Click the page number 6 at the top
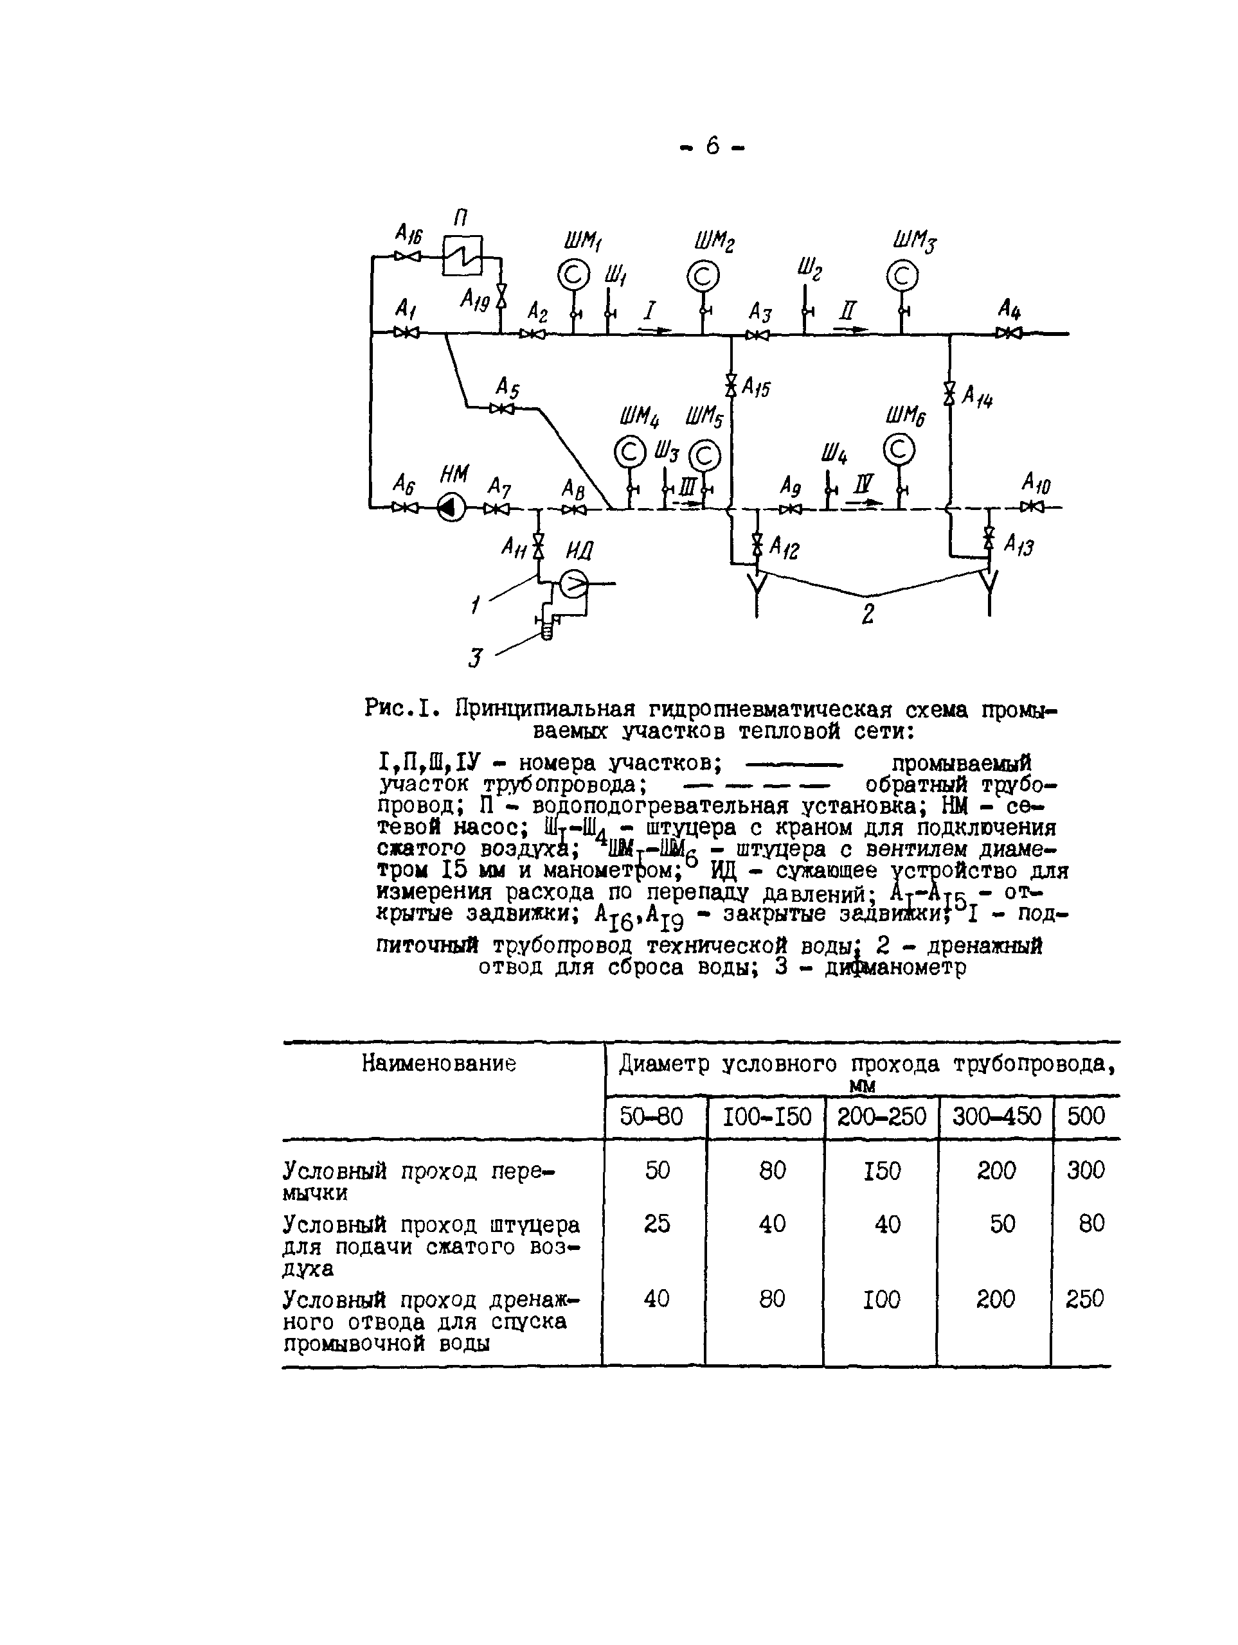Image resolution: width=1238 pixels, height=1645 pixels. pos(713,146)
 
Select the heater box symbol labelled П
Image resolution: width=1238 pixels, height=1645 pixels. pos(462,256)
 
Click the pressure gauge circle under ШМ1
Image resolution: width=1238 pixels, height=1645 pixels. pos(573,275)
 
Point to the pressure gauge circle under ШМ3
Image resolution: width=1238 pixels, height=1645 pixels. pos(902,277)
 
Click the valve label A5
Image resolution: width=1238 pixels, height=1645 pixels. pos(508,387)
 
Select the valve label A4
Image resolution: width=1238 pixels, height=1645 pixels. pos(1009,308)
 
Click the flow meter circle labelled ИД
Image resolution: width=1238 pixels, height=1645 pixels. pos(573,584)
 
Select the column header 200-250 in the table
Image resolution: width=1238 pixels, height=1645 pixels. pos(882,1116)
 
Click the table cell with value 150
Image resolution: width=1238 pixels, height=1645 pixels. pos(882,1171)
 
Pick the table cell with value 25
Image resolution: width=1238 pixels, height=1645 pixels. pos(657,1224)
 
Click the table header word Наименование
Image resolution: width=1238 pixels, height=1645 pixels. pos(439,1064)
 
